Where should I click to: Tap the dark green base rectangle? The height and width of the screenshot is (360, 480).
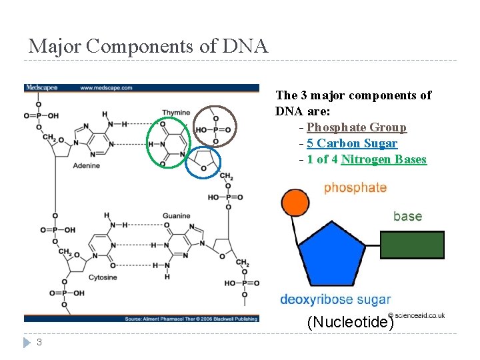412,245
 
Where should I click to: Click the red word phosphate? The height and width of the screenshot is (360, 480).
355,188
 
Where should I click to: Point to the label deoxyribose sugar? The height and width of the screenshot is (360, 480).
335,300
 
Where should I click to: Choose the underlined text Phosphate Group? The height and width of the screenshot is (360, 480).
357,127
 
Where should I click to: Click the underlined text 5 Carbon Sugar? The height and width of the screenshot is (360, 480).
352,143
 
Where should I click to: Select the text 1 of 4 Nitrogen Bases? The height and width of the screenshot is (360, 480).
367,159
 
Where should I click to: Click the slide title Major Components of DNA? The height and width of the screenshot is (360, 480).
148,46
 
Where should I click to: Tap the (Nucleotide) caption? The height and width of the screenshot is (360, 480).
351,323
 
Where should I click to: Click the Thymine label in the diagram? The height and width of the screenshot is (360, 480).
176,113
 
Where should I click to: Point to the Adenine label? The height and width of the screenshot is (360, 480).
87,165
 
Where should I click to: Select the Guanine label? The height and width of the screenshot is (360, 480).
176,216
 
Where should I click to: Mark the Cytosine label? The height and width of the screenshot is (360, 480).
103,277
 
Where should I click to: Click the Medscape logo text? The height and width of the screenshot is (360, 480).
42,87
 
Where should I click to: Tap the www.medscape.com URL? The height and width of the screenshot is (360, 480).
106,87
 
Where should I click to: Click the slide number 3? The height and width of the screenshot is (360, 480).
39,343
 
